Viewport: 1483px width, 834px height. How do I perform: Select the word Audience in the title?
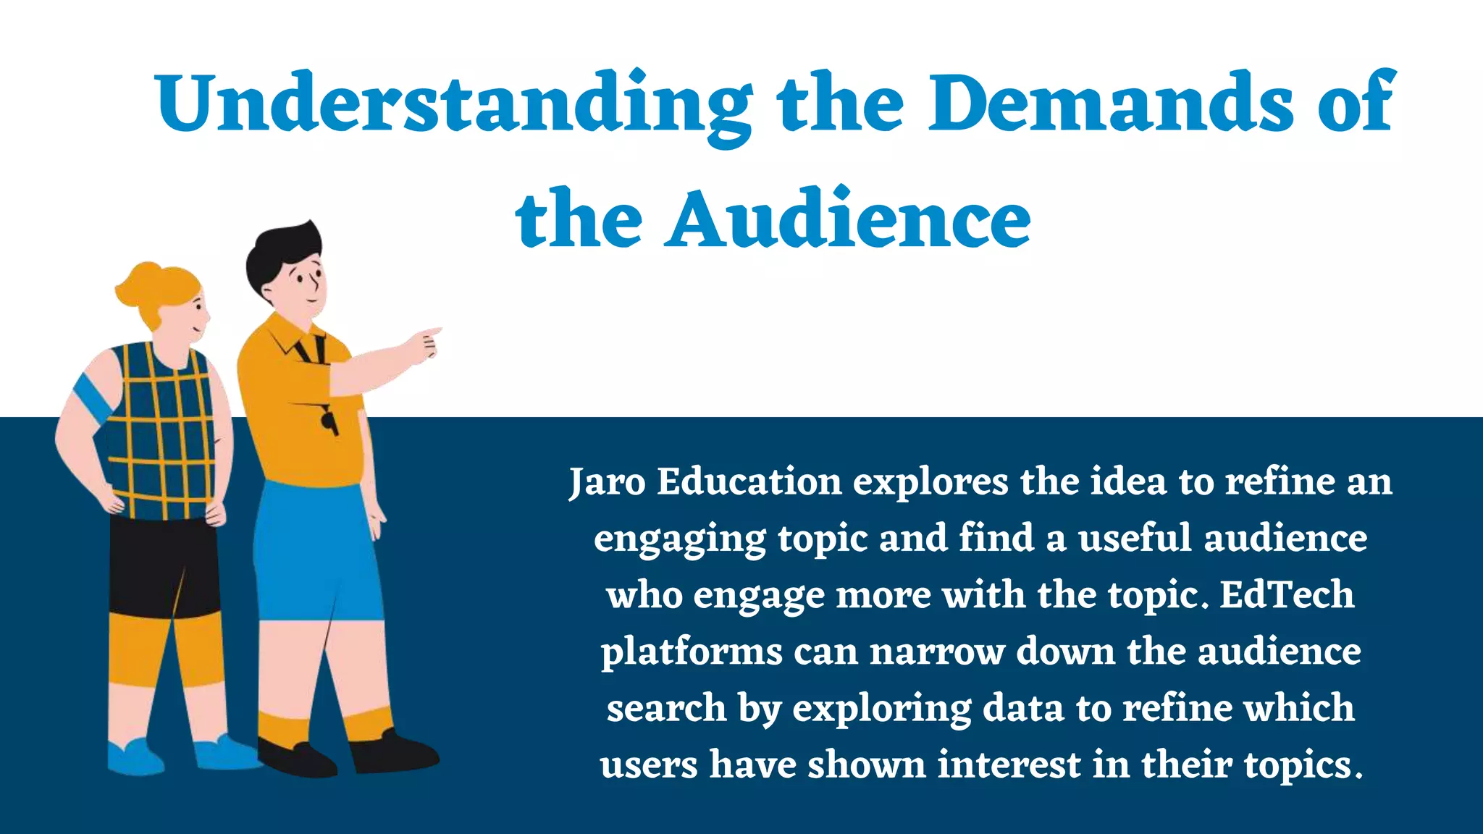(x=848, y=218)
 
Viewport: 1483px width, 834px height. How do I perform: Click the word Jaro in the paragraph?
(x=606, y=481)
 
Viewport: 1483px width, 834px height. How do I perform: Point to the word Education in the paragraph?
(x=749, y=481)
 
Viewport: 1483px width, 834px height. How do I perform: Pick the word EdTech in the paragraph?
(x=1287, y=594)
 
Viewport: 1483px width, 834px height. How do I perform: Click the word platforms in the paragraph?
(x=691, y=652)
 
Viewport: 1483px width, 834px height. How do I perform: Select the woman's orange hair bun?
(x=142, y=282)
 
